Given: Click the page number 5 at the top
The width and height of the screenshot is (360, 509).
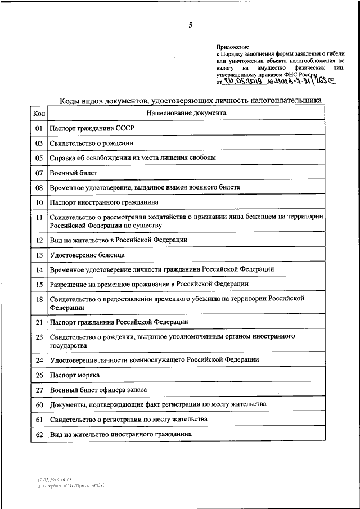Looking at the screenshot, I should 191,25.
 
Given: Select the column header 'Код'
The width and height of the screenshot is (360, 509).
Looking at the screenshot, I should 39,114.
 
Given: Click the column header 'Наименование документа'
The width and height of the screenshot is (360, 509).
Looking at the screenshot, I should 186,113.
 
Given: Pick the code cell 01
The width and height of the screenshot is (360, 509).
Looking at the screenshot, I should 39,129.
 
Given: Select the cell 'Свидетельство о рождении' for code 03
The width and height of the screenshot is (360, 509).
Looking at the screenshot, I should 88,143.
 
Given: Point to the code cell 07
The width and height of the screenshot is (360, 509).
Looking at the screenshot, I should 39,173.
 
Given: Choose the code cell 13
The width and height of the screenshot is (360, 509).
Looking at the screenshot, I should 39,255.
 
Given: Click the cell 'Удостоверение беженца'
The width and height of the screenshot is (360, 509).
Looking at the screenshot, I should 87,255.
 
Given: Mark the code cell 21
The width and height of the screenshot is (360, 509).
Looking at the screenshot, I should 39,322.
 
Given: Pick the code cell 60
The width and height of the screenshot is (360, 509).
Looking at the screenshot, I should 39,404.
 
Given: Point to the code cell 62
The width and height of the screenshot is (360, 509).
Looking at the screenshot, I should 39,434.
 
